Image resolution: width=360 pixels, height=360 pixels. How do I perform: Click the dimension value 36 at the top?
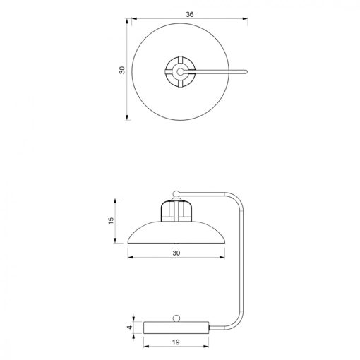click(x=190, y=14)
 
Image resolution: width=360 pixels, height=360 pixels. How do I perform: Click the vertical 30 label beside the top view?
click(x=122, y=70)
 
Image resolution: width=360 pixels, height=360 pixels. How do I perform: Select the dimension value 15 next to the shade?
click(x=111, y=220)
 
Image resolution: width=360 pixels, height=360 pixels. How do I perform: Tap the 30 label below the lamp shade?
click(x=176, y=253)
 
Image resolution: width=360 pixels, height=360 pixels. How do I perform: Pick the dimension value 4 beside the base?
click(x=130, y=328)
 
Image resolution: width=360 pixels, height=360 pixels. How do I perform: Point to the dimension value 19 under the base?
click(x=176, y=342)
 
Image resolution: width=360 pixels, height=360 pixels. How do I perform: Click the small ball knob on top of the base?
click(x=176, y=318)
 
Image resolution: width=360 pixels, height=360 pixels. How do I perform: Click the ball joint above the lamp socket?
click(x=176, y=194)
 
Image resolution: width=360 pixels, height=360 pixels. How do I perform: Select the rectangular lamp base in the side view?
click(x=176, y=328)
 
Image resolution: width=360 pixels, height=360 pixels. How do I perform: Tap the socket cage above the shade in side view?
click(x=176, y=211)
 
